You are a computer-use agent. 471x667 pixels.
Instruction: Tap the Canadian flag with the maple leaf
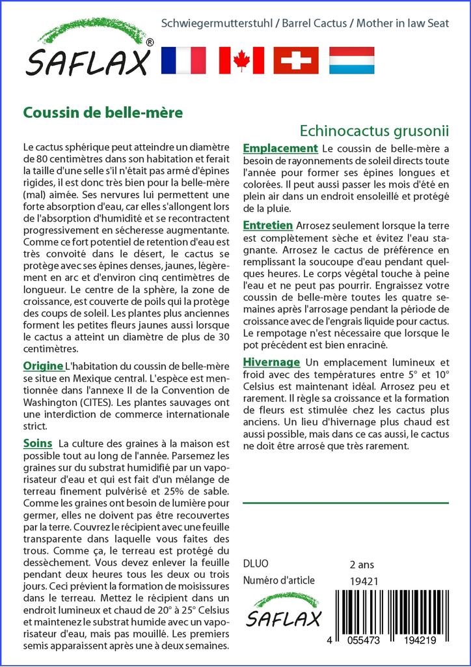pyautogui.click(x=241, y=61)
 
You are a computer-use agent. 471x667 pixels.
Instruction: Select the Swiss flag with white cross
pyautogui.click(x=296, y=61)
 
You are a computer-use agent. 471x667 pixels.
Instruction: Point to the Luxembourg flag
pyautogui.click(x=351, y=61)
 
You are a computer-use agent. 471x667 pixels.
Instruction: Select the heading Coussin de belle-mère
pyautogui.click(x=103, y=112)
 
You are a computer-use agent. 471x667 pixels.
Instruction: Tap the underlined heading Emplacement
pyautogui.click(x=280, y=149)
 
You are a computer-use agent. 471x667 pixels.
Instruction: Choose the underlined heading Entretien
pyautogui.click(x=267, y=225)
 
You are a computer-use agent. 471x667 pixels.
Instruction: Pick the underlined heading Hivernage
pyautogui.click(x=271, y=362)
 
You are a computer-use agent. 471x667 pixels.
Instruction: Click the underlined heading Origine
pyautogui.click(x=43, y=366)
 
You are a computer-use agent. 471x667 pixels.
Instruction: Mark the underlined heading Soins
pyautogui.click(x=38, y=443)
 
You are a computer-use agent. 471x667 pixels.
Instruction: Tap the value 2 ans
pyautogui.click(x=362, y=564)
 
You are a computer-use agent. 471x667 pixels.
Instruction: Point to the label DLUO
pyautogui.click(x=255, y=564)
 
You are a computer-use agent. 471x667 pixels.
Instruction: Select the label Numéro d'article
pyautogui.click(x=278, y=580)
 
